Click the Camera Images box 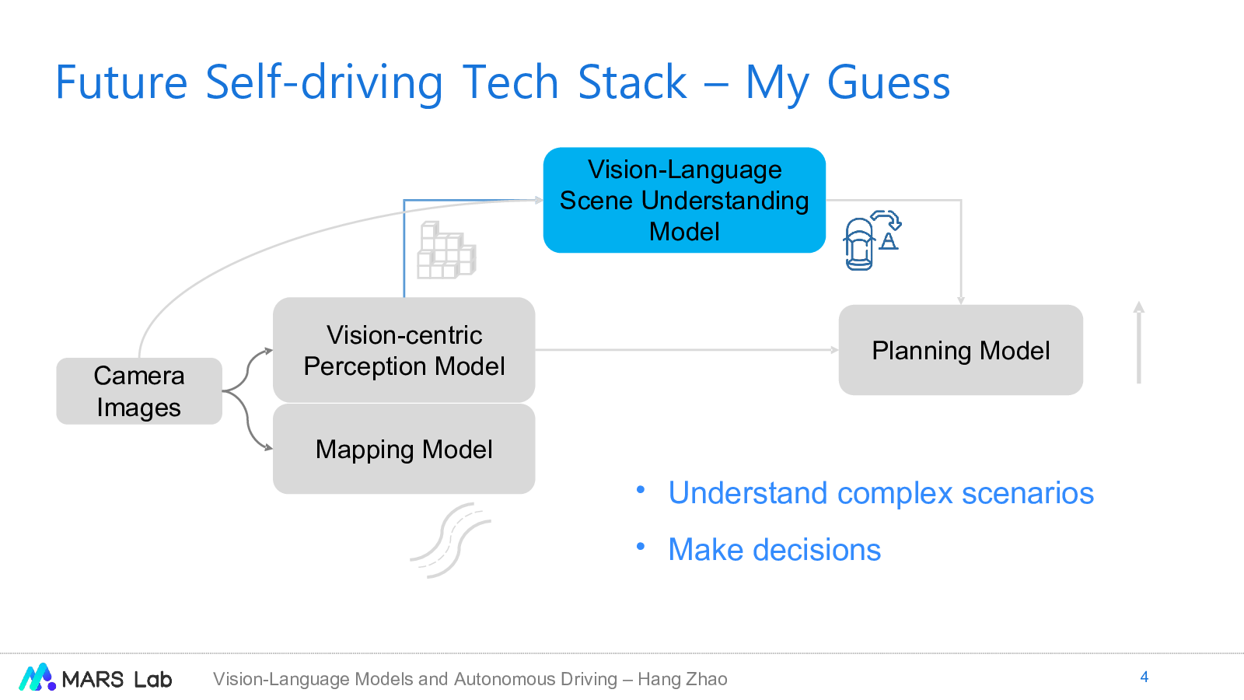[x=139, y=391]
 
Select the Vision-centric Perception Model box [x=404, y=350]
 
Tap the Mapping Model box [x=404, y=449]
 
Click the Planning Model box [x=961, y=350]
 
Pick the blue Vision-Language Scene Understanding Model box [x=684, y=200]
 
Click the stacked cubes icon [x=446, y=250]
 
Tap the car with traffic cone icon [x=872, y=240]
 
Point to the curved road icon [x=451, y=541]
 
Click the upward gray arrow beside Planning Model [x=1139, y=342]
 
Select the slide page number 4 [x=1144, y=677]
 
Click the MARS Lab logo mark [x=37, y=677]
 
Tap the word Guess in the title [x=889, y=82]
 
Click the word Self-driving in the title [x=324, y=82]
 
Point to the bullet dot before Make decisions [x=641, y=547]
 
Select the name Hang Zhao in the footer [x=683, y=679]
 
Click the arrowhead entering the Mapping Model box [x=269, y=447]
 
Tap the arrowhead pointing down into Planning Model [x=961, y=300]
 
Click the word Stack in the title [x=633, y=82]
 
